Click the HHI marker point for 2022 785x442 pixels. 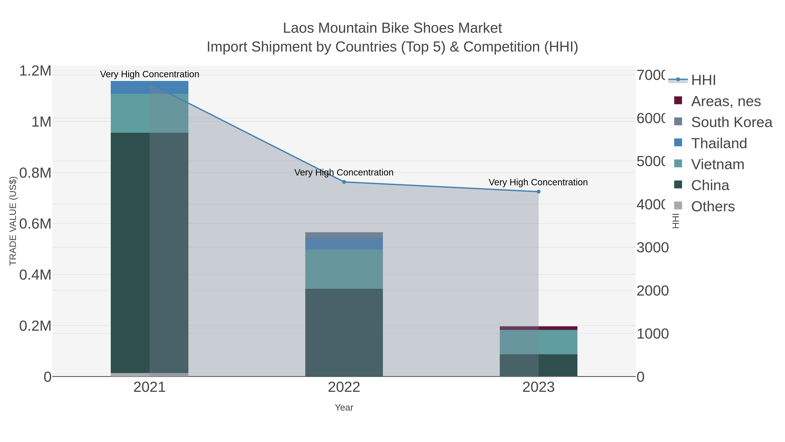[344, 182]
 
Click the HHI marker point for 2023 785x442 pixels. [538, 192]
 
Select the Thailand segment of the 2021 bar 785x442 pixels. [149, 88]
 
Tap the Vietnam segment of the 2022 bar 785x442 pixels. [344, 269]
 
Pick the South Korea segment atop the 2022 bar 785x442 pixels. [344, 235]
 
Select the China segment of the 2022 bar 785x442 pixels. [344, 332]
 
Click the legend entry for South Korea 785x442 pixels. [731, 122]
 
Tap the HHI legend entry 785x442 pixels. [703, 80]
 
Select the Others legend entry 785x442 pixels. [713, 206]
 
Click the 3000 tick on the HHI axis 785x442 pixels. [652, 248]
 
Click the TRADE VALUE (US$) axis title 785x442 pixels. [13, 221]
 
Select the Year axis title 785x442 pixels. [344, 408]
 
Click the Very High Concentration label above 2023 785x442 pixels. [538, 182]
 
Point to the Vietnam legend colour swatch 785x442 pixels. [678, 163]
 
